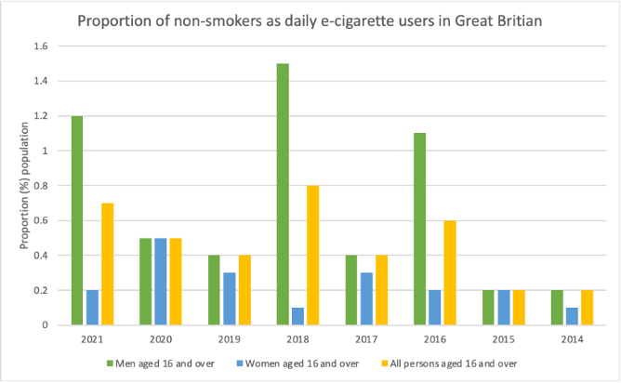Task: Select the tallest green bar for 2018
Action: (283, 194)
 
